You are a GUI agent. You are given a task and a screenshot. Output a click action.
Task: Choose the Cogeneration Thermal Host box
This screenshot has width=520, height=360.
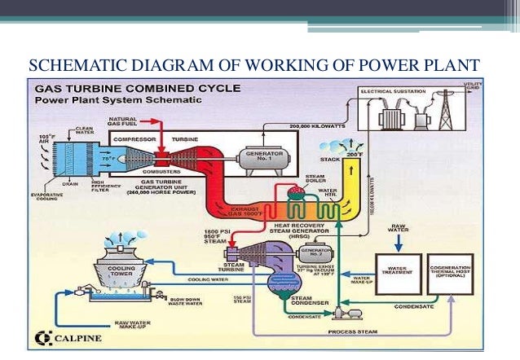point(449,272)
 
